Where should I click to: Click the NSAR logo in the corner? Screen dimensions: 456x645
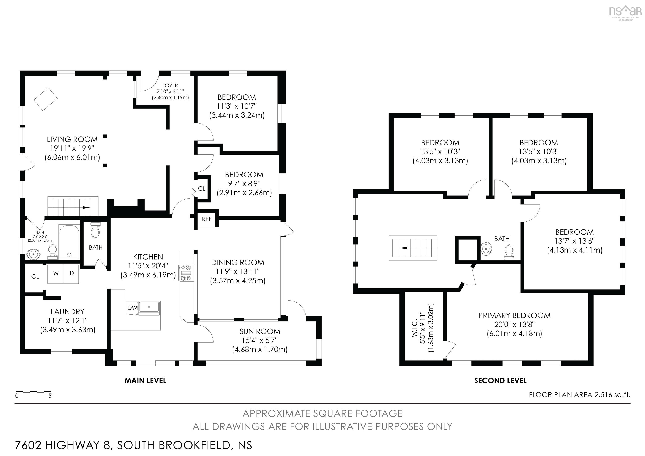tap(625, 12)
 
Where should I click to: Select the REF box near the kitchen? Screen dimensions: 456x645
tap(206, 219)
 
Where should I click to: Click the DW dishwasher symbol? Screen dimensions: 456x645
tap(132, 308)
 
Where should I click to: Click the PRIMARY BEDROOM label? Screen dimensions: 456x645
tap(514, 315)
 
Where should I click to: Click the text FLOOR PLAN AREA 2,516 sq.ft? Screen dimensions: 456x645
tap(579, 395)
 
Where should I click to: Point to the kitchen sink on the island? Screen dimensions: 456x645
tap(149, 307)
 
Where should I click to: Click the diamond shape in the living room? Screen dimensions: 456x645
tap(46, 99)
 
